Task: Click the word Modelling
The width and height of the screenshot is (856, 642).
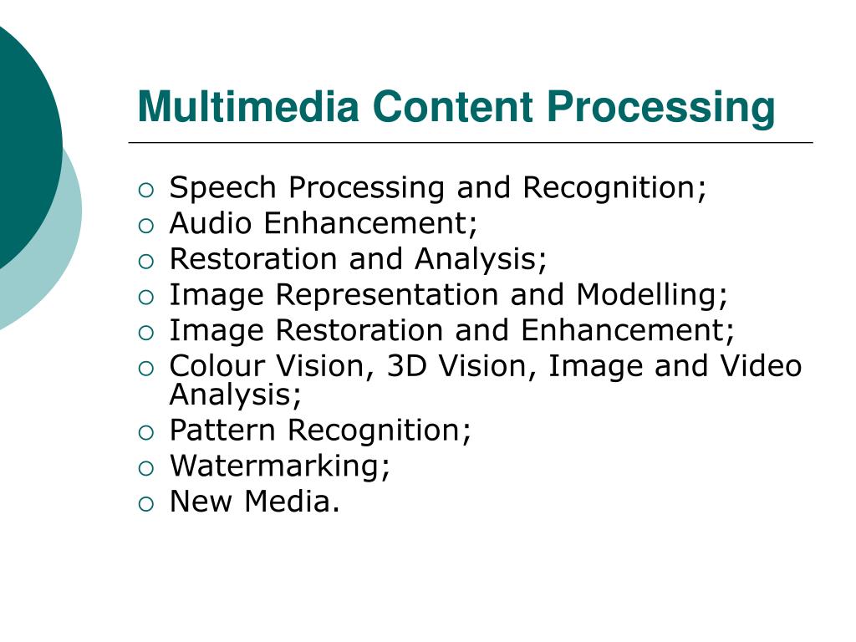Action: click(651, 295)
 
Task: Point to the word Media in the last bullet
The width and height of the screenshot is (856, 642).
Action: click(293, 502)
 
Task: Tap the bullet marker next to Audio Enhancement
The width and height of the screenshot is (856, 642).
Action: click(146, 226)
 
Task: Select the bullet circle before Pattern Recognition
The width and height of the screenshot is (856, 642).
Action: click(146, 432)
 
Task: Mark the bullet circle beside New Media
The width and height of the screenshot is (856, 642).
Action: click(146, 503)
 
